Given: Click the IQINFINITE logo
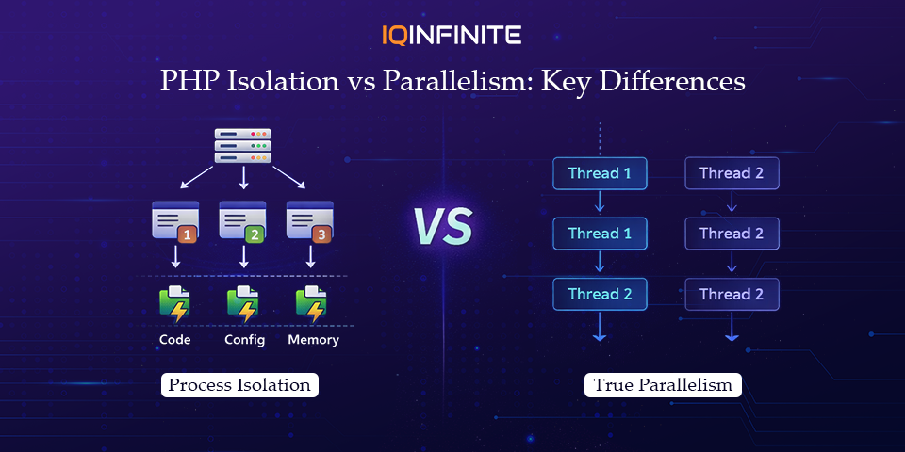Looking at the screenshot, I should [452, 36].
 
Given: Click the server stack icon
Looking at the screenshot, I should [242, 146].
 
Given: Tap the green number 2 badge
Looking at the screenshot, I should [255, 234].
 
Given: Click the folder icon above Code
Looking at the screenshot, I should [174, 303].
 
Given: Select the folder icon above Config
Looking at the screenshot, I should [242, 303].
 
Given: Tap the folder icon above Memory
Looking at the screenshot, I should [310, 303].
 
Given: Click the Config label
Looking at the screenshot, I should [244, 340].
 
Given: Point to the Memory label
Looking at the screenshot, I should [313, 340].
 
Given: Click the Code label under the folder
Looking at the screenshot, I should [174, 340].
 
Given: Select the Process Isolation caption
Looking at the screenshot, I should [239, 385].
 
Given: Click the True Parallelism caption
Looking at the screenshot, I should [663, 385].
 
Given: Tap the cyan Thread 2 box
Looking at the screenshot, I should [600, 294].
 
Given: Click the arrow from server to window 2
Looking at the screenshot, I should [243, 179].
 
